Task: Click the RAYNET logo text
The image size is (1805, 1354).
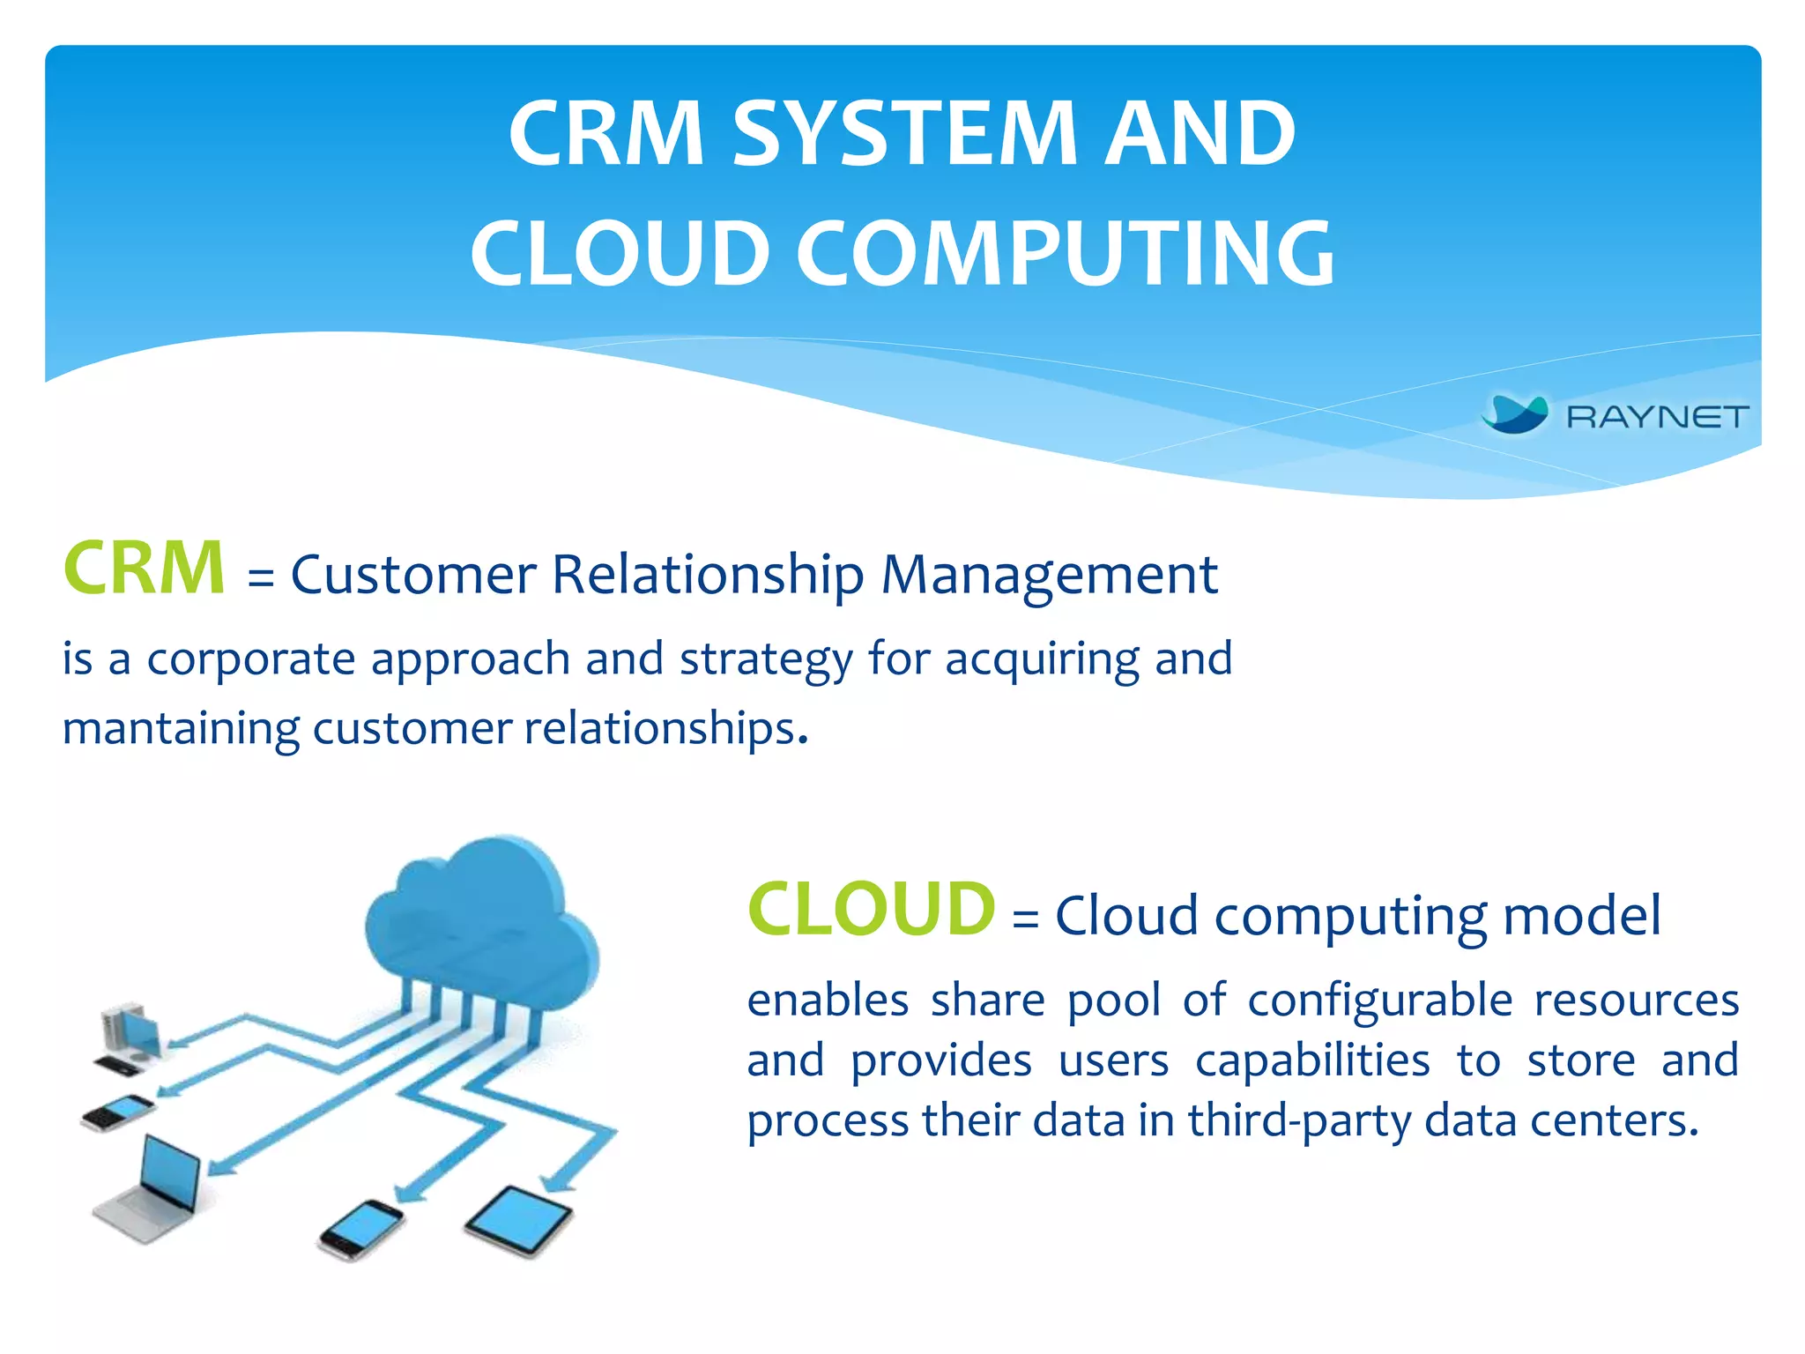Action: coord(1657,417)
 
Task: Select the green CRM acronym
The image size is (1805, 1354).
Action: coord(145,569)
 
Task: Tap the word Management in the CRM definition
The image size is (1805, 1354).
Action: coord(1049,576)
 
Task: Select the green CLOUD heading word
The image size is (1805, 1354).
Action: coord(872,910)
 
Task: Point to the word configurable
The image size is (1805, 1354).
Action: coord(1379,1001)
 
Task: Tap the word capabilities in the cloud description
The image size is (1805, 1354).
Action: coord(1312,1060)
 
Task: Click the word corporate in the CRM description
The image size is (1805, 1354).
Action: coord(251,659)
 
